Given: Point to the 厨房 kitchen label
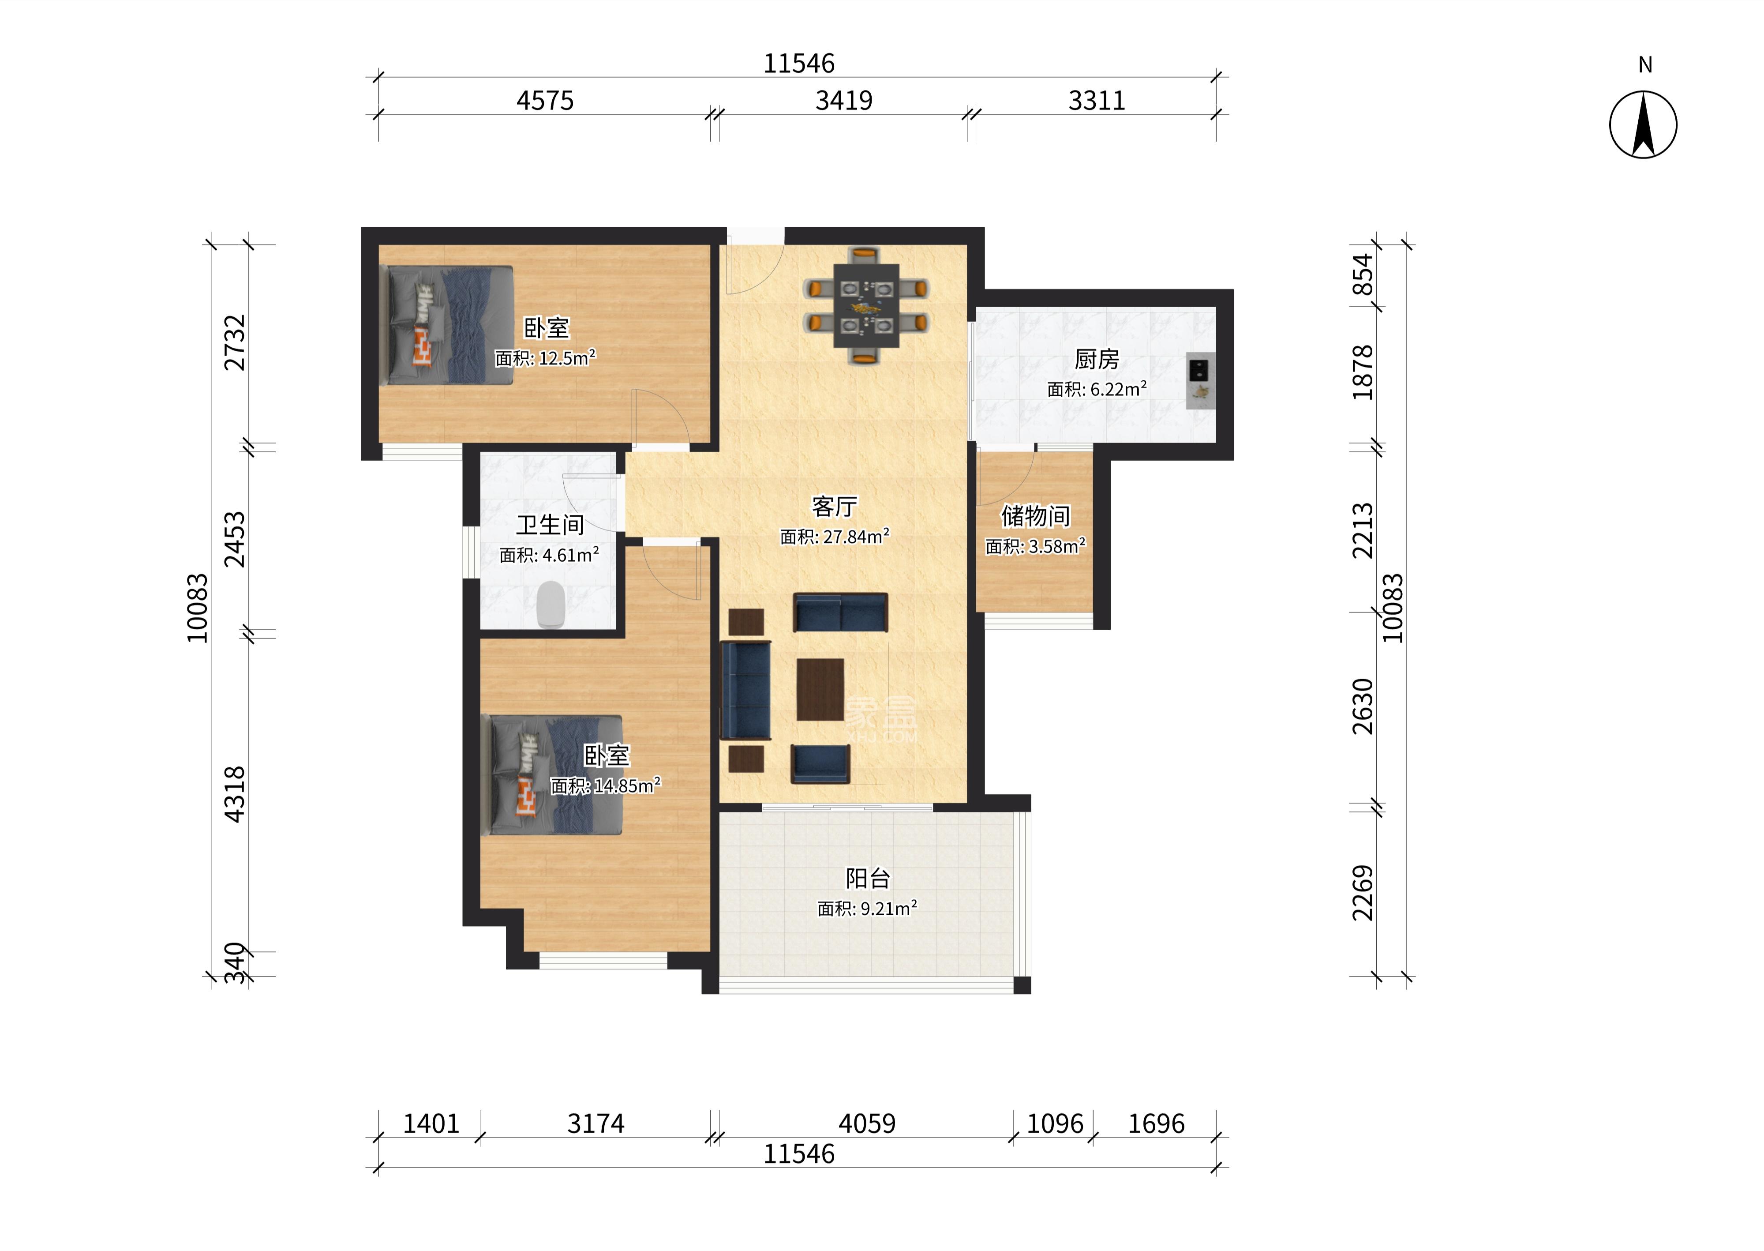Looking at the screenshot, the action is tap(1097, 359).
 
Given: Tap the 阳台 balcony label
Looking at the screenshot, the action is tap(868, 878).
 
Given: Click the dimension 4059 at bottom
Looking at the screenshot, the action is tap(867, 1124).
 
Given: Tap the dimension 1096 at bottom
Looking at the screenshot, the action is tap(1055, 1124).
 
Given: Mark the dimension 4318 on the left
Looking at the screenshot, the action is tap(234, 794).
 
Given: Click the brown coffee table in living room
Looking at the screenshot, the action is tap(820, 689).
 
